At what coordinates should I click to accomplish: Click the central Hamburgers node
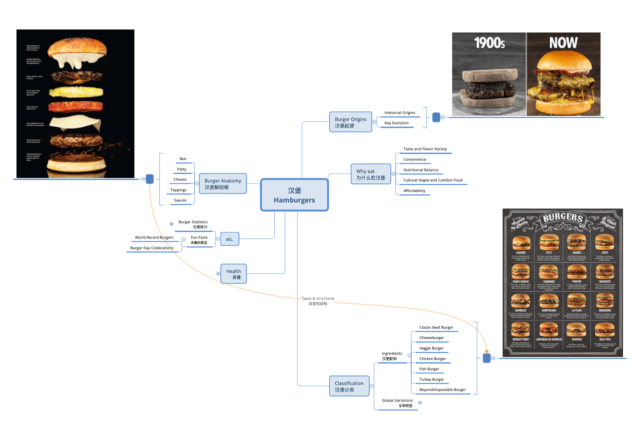tap(294, 195)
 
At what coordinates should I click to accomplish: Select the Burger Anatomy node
tap(223, 184)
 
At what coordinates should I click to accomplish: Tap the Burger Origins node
tap(350, 122)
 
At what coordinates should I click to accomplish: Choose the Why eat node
tap(370, 174)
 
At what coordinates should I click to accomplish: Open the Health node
tap(233, 274)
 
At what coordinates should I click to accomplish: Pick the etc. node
tap(229, 239)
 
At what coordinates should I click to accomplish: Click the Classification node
tap(349, 386)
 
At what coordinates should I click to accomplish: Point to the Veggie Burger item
tap(431, 348)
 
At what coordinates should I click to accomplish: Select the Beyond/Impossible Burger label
tap(442, 389)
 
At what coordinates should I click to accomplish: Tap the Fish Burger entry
tap(429, 369)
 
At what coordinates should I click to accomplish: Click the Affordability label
tap(414, 190)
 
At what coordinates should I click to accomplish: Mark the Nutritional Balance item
tap(421, 170)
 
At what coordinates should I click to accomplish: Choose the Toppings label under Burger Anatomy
tap(178, 190)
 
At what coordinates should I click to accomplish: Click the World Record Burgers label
tap(154, 237)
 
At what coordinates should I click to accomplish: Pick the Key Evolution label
tap(396, 123)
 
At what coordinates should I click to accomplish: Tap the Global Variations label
tap(397, 400)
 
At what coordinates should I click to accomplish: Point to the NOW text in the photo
tap(563, 42)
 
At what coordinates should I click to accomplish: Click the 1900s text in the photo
tap(489, 43)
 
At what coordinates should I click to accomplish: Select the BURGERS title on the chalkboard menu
tap(563, 218)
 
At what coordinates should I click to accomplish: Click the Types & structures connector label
tap(318, 298)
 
